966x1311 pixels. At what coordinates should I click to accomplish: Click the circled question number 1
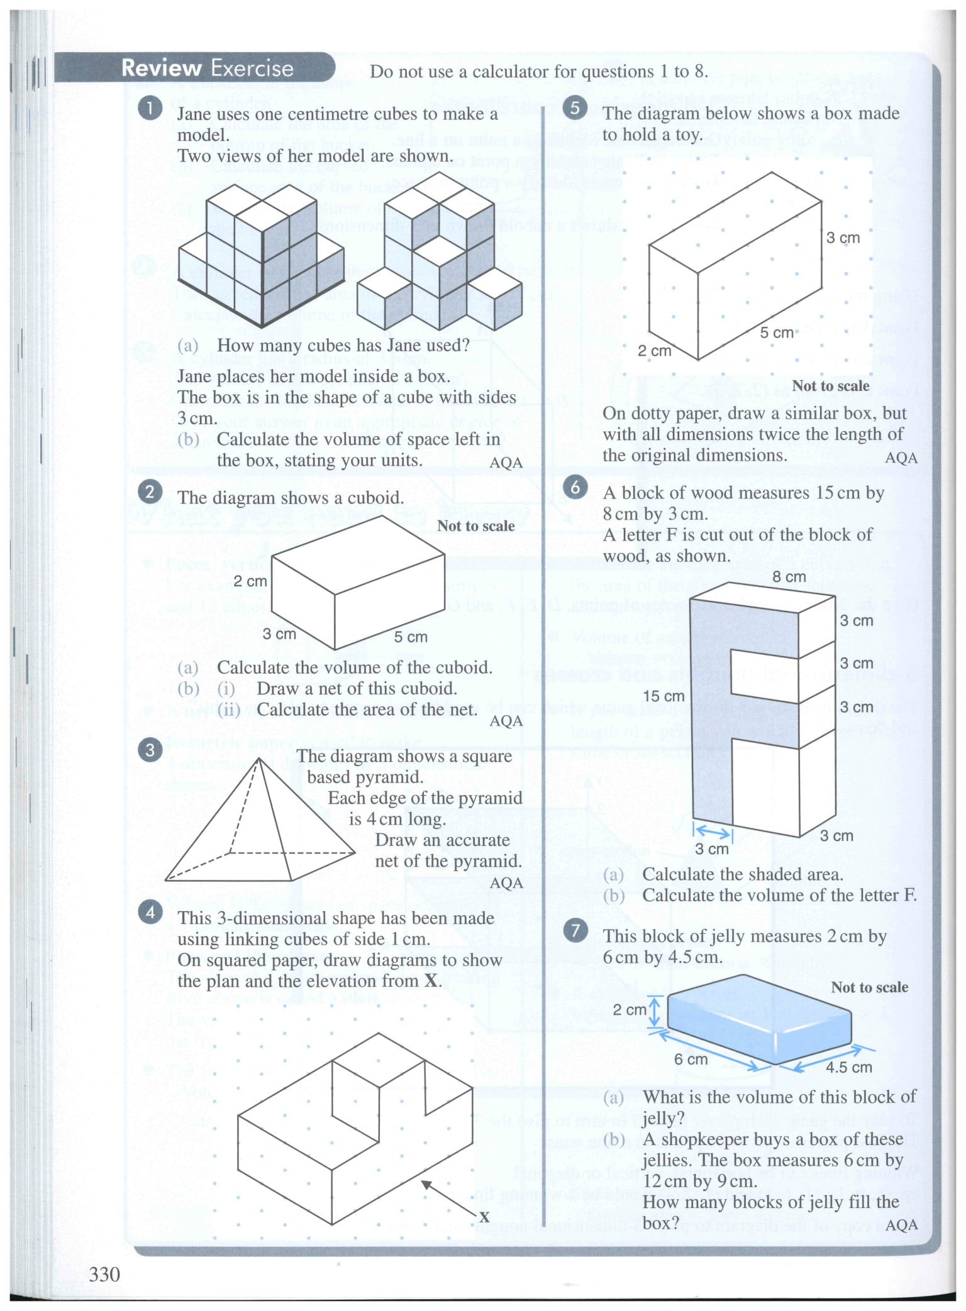point(150,108)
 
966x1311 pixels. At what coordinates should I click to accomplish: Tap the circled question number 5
point(575,108)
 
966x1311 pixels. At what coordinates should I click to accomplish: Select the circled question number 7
point(575,930)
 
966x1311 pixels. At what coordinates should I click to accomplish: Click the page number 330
point(104,1274)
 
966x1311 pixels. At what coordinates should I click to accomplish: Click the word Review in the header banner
point(161,68)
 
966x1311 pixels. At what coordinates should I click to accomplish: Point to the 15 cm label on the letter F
point(663,696)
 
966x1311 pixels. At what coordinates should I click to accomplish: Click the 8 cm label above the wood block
point(789,577)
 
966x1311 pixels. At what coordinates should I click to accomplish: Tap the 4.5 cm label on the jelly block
point(848,1068)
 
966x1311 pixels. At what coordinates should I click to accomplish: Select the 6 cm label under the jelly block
point(691,1060)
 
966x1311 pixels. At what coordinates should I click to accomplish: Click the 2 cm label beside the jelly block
point(629,1010)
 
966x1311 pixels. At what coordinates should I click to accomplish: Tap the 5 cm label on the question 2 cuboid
point(411,637)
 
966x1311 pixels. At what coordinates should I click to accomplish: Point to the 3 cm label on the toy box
point(843,238)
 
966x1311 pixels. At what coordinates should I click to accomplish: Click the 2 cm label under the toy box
point(654,351)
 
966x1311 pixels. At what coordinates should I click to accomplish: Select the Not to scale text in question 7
point(869,987)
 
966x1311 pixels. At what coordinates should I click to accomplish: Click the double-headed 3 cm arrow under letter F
point(713,833)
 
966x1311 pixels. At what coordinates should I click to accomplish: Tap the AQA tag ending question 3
point(506,883)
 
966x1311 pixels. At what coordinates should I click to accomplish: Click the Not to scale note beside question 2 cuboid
point(475,526)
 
